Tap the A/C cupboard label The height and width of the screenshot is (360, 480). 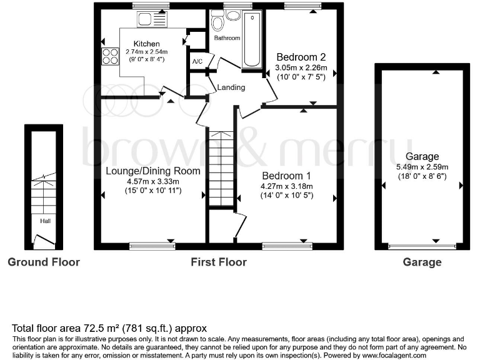(x=197, y=61)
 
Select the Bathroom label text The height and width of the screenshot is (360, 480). (x=227, y=38)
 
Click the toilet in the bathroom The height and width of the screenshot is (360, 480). (x=217, y=23)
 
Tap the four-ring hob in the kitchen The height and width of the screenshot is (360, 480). (x=110, y=56)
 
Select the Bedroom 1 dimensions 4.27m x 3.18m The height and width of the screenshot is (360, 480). (x=286, y=186)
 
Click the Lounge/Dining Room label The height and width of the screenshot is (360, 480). (x=153, y=171)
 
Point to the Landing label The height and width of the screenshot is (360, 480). (x=231, y=87)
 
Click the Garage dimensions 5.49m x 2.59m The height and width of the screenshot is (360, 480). (x=422, y=167)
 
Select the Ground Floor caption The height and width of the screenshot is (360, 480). (x=44, y=262)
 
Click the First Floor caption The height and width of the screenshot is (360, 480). (x=218, y=262)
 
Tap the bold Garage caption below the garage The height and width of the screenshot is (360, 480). (x=422, y=262)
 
